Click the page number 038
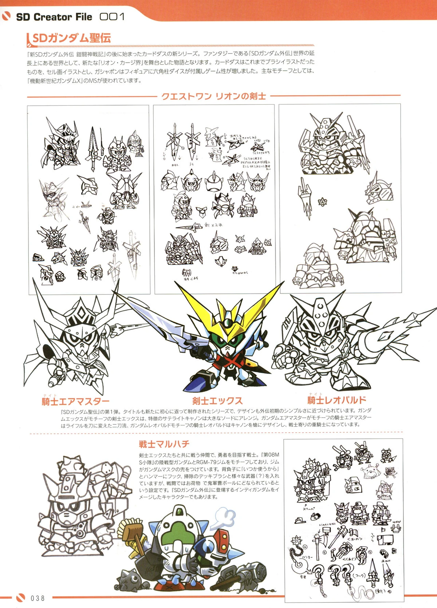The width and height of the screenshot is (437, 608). (x=38, y=598)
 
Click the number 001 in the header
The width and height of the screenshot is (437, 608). (x=112, y=17)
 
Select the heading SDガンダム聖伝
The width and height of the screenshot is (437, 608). (x=71, y=38)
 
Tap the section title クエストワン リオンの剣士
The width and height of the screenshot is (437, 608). (x=213, y=96)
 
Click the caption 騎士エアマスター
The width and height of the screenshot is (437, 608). (x=75, y=401)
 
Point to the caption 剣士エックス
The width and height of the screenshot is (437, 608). (x=217, y=401)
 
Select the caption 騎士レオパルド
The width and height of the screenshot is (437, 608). (x=336, y=400)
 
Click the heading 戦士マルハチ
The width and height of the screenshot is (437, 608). (x=164, y=444)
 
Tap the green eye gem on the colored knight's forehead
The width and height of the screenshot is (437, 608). (x=228, y=322)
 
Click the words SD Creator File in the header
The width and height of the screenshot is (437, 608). (x=54, y=17)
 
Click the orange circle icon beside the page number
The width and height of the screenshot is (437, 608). (x=21, y=598)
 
